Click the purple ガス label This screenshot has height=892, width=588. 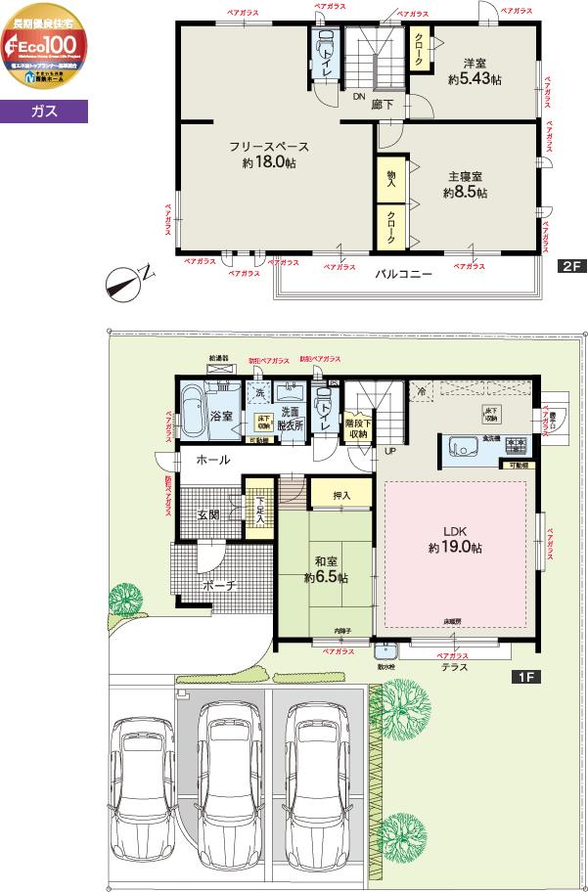[44, 112]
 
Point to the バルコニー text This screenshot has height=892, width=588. [404, 275]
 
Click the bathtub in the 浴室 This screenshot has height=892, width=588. [192, 404]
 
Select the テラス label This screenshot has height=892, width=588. [454, 667]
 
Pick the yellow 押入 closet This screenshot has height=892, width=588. [340, 495]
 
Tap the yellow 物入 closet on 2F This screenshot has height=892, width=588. [391, 178]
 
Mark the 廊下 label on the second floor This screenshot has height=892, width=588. [383, 104]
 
